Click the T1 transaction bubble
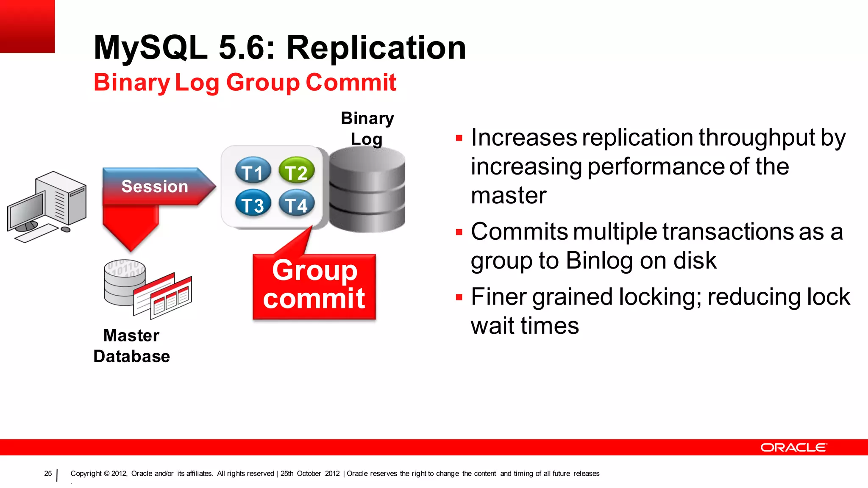click(253, 172)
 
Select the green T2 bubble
click(296, 172)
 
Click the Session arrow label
click(155, 187)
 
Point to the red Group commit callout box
click(314, 286)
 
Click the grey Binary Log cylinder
click(367, 191)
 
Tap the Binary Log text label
click(367, 128)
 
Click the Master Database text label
click(131, 346)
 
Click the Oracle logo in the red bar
click(793, 448)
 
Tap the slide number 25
click(48, 474)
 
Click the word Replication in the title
click(376, 47)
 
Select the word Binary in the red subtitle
click(131, 82)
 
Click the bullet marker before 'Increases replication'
click(459, 138)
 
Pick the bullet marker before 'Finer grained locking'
click(459, 297)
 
